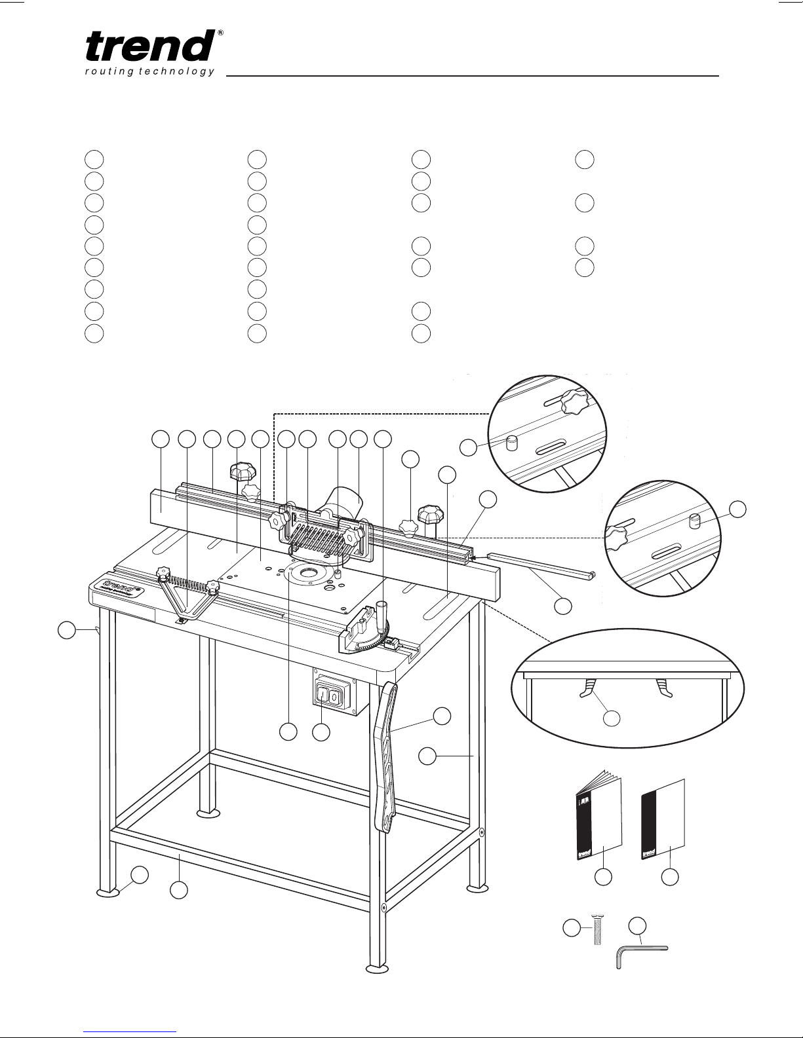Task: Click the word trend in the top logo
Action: (150, 48)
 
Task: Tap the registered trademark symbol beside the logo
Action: (220, 32)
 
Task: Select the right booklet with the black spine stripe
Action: (662, 819)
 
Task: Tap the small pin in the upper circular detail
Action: (512, 443)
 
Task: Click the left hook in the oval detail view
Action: (588, 688)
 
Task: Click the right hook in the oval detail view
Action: (662, 688)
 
